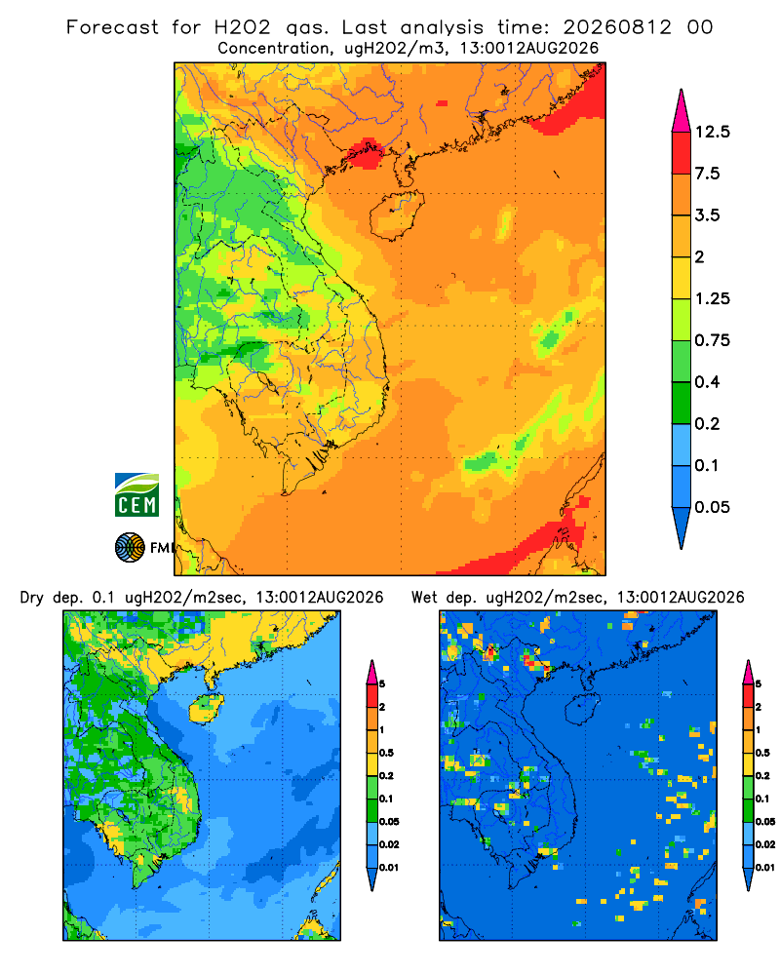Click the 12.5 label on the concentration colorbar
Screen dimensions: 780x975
click(x=712, y=132)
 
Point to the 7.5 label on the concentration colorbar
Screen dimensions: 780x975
click(x=707, y=174)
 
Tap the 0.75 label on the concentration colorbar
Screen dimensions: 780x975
click(x=712, y=340)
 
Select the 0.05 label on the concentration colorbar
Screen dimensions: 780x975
click(x=712, y=507)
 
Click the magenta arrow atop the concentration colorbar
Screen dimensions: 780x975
click(x=682, y=112)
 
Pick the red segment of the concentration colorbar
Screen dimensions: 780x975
click(x=682, y=153)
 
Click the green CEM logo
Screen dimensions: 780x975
click(x=136, y=495)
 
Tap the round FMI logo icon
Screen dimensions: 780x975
click(x=130, y=548)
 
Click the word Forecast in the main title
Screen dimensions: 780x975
click(x=112, y=27)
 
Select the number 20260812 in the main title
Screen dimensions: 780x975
click(x=617, y=27)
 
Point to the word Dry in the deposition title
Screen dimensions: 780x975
click(x=32, y=599)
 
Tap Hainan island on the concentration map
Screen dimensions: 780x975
click(x=396, y=215)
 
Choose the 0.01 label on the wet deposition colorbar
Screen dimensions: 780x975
click(x=764, y=868)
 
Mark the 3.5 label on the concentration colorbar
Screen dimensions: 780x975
click(x=707, y=215)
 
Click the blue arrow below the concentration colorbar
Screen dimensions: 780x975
click(x=682, y=527)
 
